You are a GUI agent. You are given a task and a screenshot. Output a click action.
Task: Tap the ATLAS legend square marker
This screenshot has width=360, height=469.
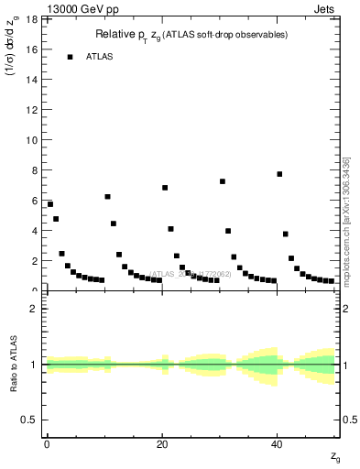(70, 57)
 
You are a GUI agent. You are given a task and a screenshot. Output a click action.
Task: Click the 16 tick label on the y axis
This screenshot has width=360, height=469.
(34, 49)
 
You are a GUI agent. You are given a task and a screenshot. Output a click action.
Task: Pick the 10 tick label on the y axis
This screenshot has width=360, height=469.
(34, 140)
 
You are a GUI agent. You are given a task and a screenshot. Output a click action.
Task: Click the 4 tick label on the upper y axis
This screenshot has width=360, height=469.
(37, 231)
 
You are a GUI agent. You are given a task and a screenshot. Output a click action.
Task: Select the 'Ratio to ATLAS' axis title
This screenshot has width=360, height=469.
(13, 364)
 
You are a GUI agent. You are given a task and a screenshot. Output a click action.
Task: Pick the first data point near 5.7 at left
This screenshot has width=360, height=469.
(50, 204)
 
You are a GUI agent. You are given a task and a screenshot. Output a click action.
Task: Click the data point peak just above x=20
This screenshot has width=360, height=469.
(165, 188)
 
